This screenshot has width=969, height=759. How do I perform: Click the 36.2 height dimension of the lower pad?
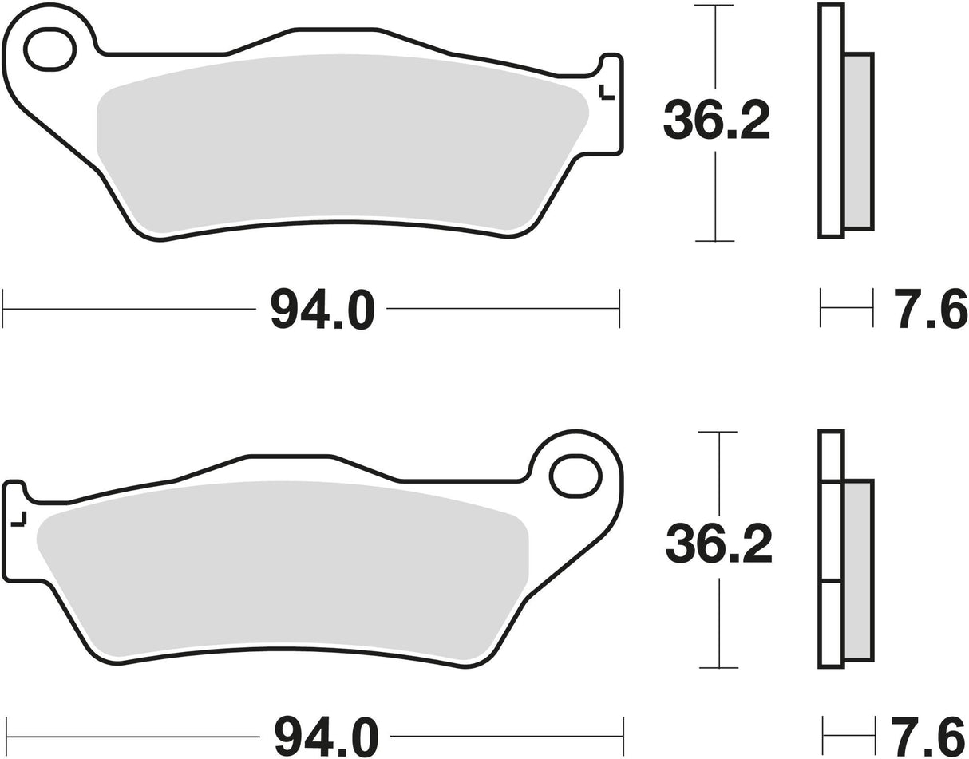(718, 546)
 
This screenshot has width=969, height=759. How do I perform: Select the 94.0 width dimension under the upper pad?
(322, 309)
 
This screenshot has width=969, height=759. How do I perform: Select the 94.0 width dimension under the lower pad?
(325, 737)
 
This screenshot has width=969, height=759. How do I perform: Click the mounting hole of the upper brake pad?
(49, 49)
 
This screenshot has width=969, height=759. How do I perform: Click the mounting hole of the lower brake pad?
(575, 476)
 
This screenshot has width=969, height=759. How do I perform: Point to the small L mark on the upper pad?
(607, 93)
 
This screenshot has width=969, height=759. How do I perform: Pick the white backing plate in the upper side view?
(831, 120)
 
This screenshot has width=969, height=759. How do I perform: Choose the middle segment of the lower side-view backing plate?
(831, 531)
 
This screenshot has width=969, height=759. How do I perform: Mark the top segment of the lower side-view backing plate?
(831, 456)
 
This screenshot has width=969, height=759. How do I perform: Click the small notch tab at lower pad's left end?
(14, 490)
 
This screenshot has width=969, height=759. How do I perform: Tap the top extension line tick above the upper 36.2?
(714, 6)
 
